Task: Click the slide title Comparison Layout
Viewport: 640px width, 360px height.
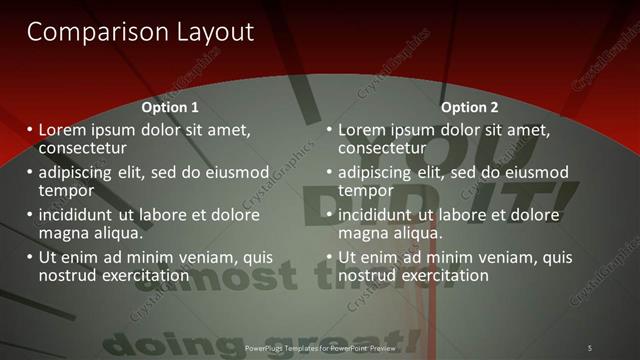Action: click(140, 32)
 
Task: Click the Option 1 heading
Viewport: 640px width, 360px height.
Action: click(170, 107)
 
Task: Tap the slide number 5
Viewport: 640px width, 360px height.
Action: click(589, 347)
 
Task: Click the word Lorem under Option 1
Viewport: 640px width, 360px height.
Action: click(63, 130)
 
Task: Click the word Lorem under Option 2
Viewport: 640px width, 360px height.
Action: click(363, 130)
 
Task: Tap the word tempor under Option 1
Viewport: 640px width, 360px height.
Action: click(66, 190)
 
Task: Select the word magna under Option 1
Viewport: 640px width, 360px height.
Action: click(62, 233)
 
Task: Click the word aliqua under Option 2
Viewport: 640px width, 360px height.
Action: click(415, 233)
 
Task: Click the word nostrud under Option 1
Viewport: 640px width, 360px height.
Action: click(67, 275)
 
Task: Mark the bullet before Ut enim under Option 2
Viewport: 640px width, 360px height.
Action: click(329, 257)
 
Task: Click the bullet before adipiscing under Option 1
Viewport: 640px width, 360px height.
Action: click(29, 172)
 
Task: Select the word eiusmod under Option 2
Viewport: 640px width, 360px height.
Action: click(536, 172)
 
